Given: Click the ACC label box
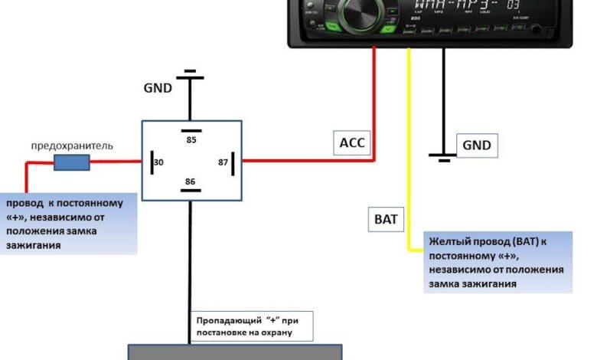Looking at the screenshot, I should [353, 142].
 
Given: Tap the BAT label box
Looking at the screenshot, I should [386, 219].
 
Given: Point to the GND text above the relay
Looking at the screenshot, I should [158, 87].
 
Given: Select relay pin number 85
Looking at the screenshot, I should [191, 139].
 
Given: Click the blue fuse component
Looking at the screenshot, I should [71, 162].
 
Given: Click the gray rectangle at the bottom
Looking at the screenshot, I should [234, 352].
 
